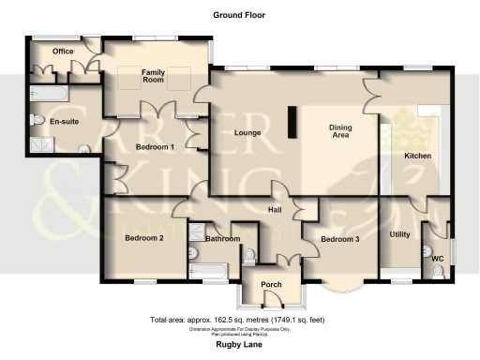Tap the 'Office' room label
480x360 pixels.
(x=63, y=52)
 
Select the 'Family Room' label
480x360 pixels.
(x=154, y=76)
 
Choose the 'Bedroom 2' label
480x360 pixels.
(x=144, y=238)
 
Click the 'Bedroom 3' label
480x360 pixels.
(x=339, y=239)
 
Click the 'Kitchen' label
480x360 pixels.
(x=417, y=155)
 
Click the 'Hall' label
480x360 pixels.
(x=276, y=210)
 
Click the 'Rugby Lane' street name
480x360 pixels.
(x=238, y=343)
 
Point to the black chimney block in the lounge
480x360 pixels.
(x=291, y=123)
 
